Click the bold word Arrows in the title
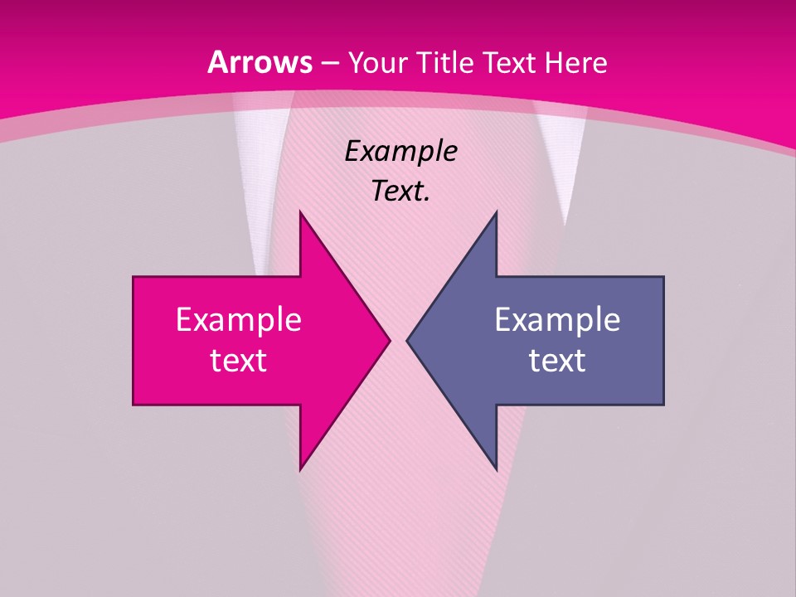pos(260,62)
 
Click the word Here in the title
pos(575,63)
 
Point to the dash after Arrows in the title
pos(329,64)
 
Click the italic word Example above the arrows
pos(400,152)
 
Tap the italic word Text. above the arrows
pos(400,192)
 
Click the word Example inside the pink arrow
pos(239,320)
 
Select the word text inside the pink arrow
pos(239,361)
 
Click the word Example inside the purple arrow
pos(557,320)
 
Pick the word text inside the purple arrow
pos(557,361)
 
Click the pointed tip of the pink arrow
pos(389,340)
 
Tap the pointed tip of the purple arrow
pos(408,340)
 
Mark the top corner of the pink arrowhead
pos(300,213)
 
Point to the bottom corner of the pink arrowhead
pos(300,468)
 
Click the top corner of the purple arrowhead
pos(496,213)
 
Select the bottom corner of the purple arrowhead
pos(496,468)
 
